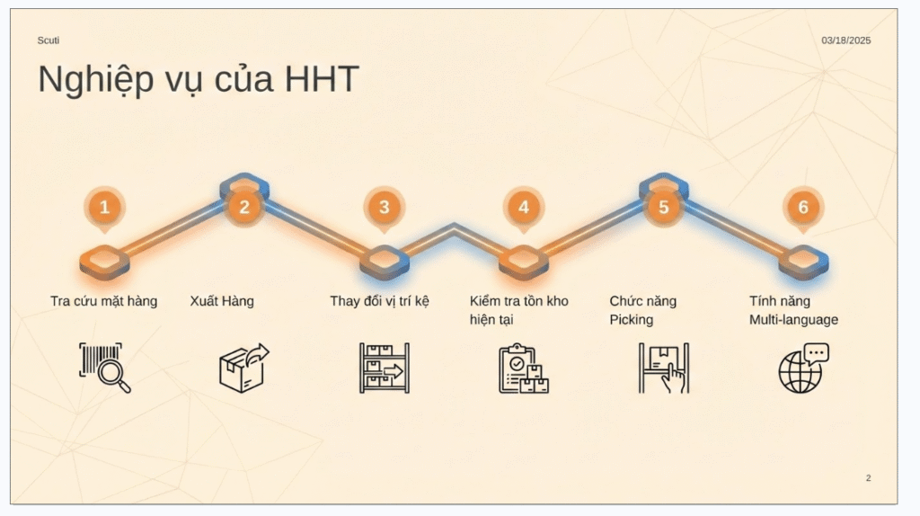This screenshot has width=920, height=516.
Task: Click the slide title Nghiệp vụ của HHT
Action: tap(198, 80)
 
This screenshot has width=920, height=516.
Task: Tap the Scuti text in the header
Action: tap(49, 40)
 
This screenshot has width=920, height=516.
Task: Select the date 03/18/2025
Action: tap(845, 40)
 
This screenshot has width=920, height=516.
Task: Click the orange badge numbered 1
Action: tap(104, 208)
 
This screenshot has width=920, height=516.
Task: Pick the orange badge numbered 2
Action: tap(244, 208)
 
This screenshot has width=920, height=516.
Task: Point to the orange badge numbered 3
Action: tap(384, 208)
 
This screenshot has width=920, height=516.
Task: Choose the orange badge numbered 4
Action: tap(524, 208)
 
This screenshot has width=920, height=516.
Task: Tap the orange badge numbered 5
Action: tap(663, 208)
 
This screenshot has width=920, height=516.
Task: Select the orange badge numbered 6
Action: tap(803, 208)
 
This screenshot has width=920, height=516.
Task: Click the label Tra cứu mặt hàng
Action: tap(103, 301)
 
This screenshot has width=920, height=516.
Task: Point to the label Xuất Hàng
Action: tap(222, 301)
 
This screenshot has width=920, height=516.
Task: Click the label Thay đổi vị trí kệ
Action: tap(379, 301)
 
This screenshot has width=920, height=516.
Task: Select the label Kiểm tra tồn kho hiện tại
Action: tap(518, 310)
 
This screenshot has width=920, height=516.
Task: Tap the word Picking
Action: tap(632, 320)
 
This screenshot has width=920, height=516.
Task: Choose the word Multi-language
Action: tap(793, 320)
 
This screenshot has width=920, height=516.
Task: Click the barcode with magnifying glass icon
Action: tap(105, 368)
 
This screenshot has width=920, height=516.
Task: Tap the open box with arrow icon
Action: tap(244, 367)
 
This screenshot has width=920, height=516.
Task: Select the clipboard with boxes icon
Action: tap(524, 368)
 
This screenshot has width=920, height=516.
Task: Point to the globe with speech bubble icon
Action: tap(803, 368)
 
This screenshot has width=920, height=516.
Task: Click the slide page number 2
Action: tap(868, 478)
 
